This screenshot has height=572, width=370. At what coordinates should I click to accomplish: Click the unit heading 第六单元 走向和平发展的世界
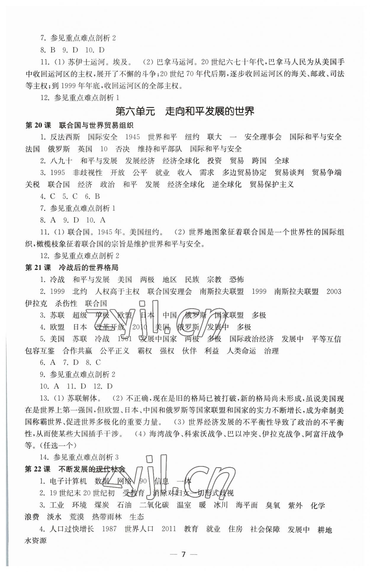pyautogui.click(x=185, y=111)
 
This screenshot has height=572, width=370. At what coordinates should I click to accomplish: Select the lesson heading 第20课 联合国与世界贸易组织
pyautogui.click(x=79, y=126)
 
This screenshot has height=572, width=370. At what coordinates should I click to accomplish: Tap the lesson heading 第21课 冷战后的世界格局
pyautogui.click(x=72, y=268)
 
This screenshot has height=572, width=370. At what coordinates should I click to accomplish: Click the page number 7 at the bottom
pyautogui.click(x=184, y=555)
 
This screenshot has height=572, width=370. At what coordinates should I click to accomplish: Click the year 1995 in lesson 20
pyautogui.click(x=58, y=173)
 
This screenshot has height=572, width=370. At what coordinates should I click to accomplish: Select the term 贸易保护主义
pyautogui.click(x=272, y=184)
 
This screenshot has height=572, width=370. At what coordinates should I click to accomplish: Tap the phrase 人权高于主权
pyautogui.click(x=118, y=292)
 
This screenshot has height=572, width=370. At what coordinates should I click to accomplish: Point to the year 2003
pyautogui.click(x=334, y=292)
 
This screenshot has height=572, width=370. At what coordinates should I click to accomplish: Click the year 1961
pyautogui.click(x=125, y=339)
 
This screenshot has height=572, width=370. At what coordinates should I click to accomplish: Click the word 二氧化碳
pyautogui.click(x=154, y=505)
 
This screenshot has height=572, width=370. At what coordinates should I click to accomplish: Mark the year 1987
pyautogui.click(x=109, y=529)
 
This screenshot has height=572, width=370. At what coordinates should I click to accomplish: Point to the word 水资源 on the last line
pyautogui.click(x=36, y=541)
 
